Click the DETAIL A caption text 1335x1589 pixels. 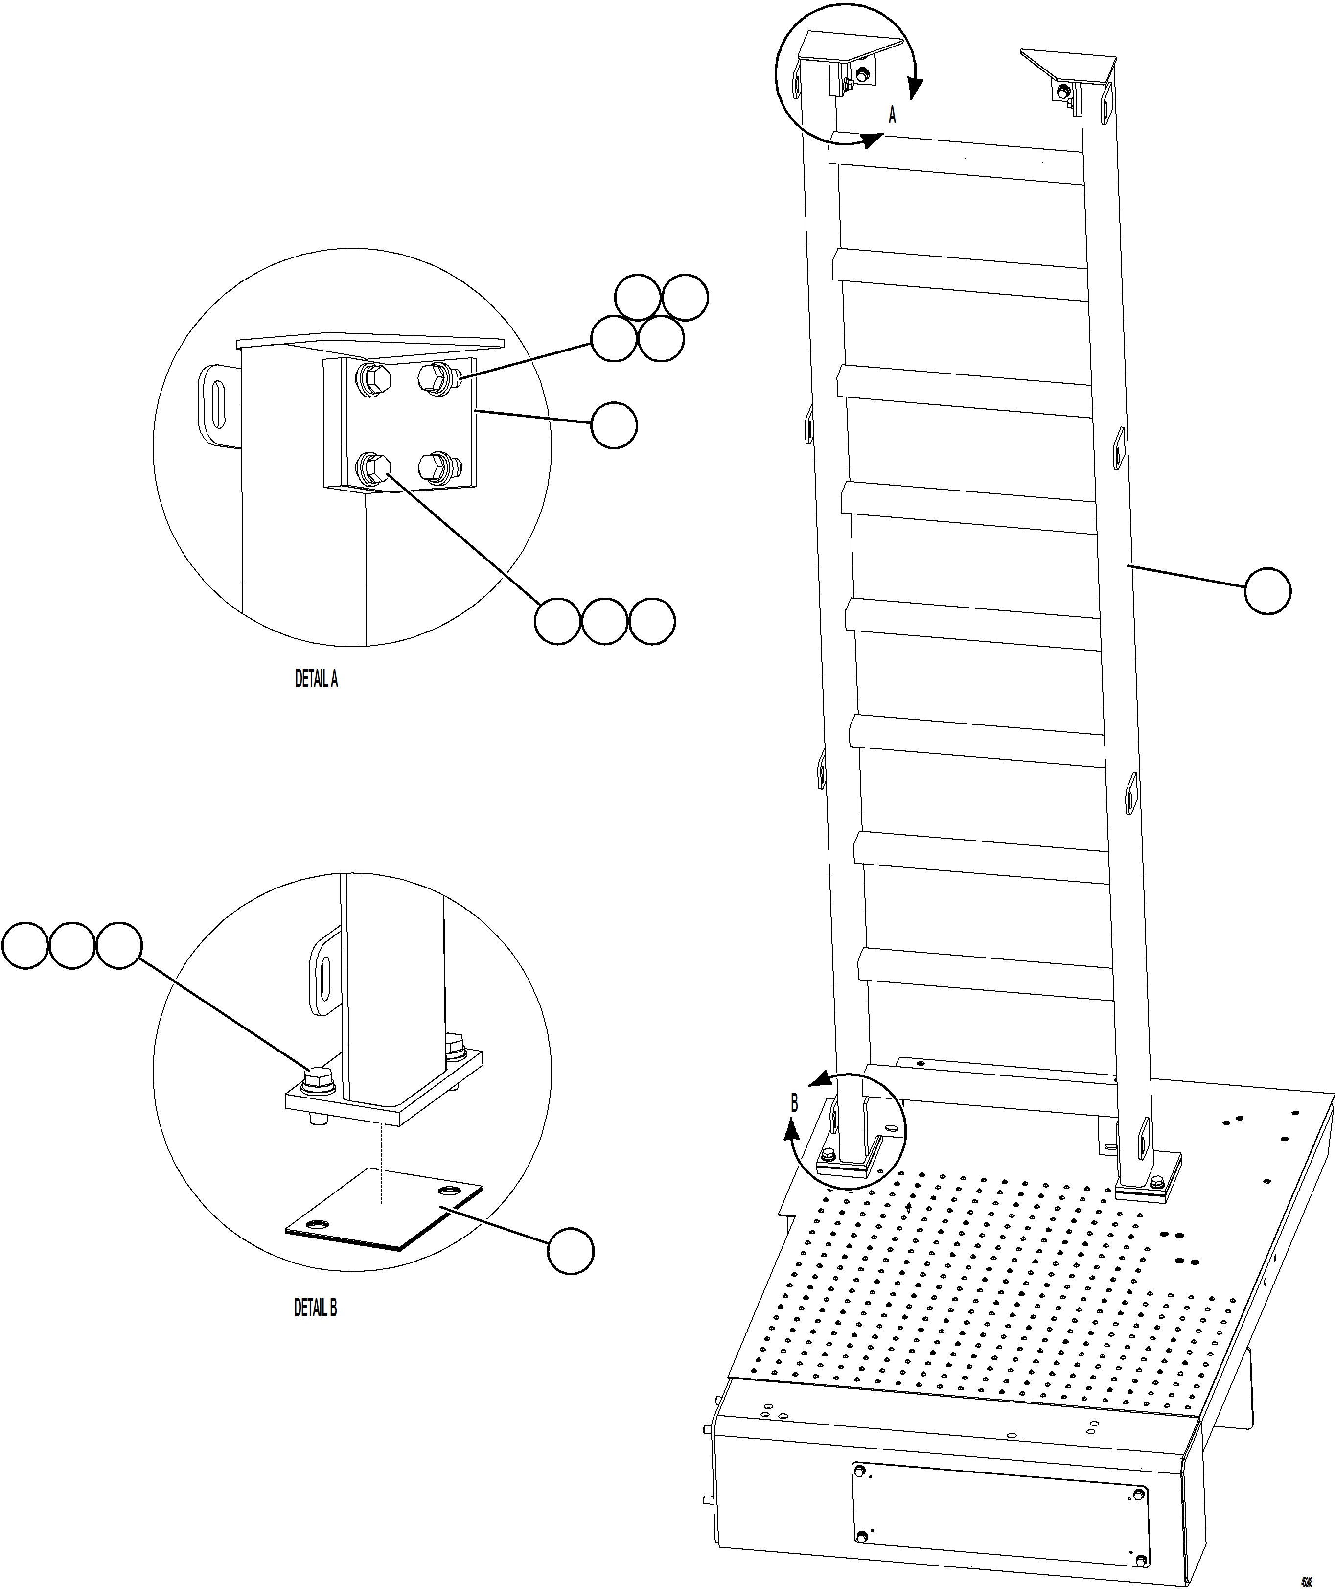316,679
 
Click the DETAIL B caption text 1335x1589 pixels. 316,1308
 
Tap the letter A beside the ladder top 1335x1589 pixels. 892,116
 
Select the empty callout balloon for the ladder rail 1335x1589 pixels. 1267,591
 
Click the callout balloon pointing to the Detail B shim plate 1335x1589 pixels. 571,1251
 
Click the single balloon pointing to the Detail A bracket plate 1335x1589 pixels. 614,425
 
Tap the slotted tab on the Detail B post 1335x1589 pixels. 324,972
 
